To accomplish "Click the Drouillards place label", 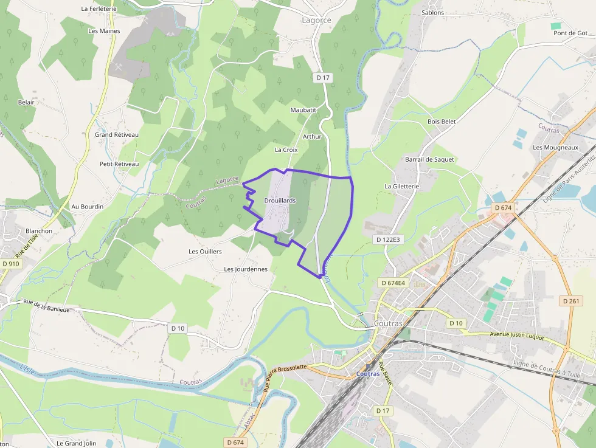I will click(280, 200).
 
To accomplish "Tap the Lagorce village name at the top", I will click(316, 20).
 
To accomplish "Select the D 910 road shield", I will click(10, 264).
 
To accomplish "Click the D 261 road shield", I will click(571, 301).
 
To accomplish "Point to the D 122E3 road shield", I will click(388, 240).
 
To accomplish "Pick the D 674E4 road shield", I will click(392, 283).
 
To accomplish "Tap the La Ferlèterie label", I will click(99, 9).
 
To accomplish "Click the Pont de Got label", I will click(570, 33).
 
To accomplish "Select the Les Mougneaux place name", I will click(555, 147).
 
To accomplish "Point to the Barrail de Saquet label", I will click(429, 159).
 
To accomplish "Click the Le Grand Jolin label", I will click(77, 443).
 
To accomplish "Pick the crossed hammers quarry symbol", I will click(118, 67).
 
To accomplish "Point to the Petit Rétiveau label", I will click(119, 164).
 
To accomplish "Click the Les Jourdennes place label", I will click(246, 269).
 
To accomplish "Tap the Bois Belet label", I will click(442, 122).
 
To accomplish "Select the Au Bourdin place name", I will click(88, 207).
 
